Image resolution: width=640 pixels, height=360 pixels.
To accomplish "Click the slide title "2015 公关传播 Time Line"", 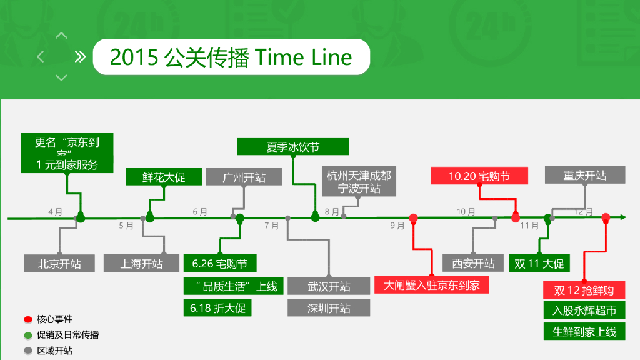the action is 231,57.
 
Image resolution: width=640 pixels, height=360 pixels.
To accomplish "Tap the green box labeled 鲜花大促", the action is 164,177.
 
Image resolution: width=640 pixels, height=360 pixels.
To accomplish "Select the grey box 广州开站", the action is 244,177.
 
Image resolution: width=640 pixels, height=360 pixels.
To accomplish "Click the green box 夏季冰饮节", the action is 292,147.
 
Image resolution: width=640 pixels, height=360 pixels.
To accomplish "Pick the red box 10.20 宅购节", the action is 479,176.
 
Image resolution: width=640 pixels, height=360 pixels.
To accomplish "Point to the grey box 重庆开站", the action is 585,175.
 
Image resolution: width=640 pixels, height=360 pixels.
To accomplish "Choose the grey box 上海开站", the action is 142,263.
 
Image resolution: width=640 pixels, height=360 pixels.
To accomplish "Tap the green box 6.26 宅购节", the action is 220,263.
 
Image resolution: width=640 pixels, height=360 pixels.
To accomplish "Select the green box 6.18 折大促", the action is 217,308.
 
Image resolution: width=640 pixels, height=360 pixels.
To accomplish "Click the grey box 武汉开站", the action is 329,286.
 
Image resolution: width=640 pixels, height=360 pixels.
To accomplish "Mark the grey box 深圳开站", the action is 329,308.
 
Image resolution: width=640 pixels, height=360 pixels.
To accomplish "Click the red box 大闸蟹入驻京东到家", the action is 432,285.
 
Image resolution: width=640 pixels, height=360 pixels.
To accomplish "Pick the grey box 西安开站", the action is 473,263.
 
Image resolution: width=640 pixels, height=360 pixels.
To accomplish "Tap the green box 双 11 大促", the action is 539,263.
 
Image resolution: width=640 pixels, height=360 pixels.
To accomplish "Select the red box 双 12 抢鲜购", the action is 584,290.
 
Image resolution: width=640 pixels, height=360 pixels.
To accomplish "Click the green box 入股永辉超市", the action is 584,311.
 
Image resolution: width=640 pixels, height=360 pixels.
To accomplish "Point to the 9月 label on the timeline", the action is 397,226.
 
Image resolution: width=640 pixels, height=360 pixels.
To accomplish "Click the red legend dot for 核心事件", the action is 28,319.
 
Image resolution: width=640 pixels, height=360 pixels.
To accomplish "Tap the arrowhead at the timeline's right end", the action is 622,217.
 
